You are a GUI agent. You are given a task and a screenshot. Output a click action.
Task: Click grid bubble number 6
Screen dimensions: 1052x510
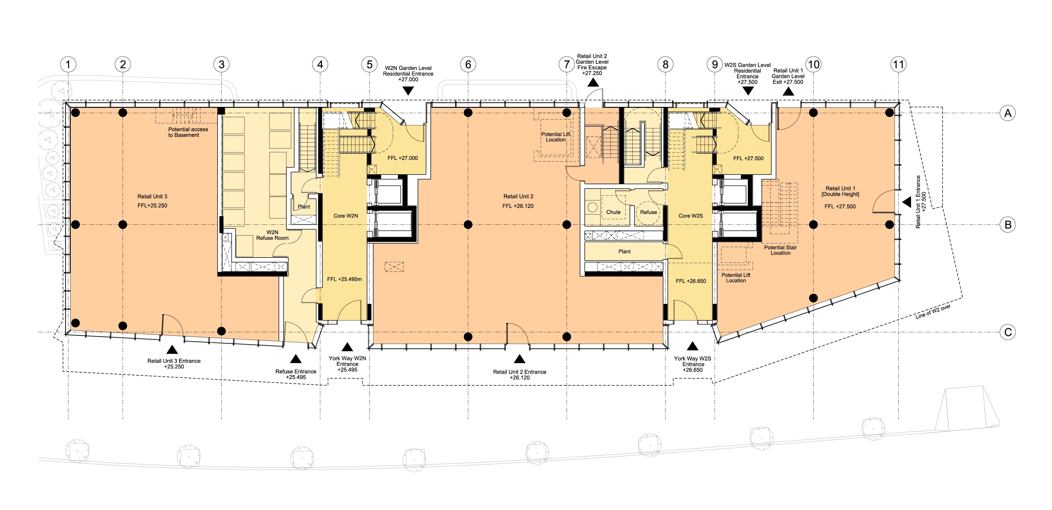(468, 64)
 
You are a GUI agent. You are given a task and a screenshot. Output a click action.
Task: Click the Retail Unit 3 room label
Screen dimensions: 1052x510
(152, 197)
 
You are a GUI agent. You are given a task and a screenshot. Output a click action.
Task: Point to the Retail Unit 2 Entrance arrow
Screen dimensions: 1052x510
(520, 359)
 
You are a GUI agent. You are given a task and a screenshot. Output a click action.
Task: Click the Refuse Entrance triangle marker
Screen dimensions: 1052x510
(296, 359)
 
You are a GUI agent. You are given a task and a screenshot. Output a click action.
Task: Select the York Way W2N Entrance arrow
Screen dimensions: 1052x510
(347, 347)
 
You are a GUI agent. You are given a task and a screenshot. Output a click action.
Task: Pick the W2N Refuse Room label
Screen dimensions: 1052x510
(272, 235)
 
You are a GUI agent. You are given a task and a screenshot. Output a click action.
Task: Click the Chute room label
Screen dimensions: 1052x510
(613, 212)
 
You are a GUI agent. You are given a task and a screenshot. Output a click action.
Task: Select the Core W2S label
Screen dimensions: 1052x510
(691, 216)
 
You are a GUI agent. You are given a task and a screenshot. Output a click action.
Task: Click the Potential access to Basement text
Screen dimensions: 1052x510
(188, 132)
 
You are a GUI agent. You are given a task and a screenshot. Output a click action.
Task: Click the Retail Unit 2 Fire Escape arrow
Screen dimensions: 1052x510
(593, 82)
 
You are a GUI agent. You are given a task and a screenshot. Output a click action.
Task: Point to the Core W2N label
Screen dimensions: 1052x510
(346, 216)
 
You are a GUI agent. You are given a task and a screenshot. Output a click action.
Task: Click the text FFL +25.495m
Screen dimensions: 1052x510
(344, 279)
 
